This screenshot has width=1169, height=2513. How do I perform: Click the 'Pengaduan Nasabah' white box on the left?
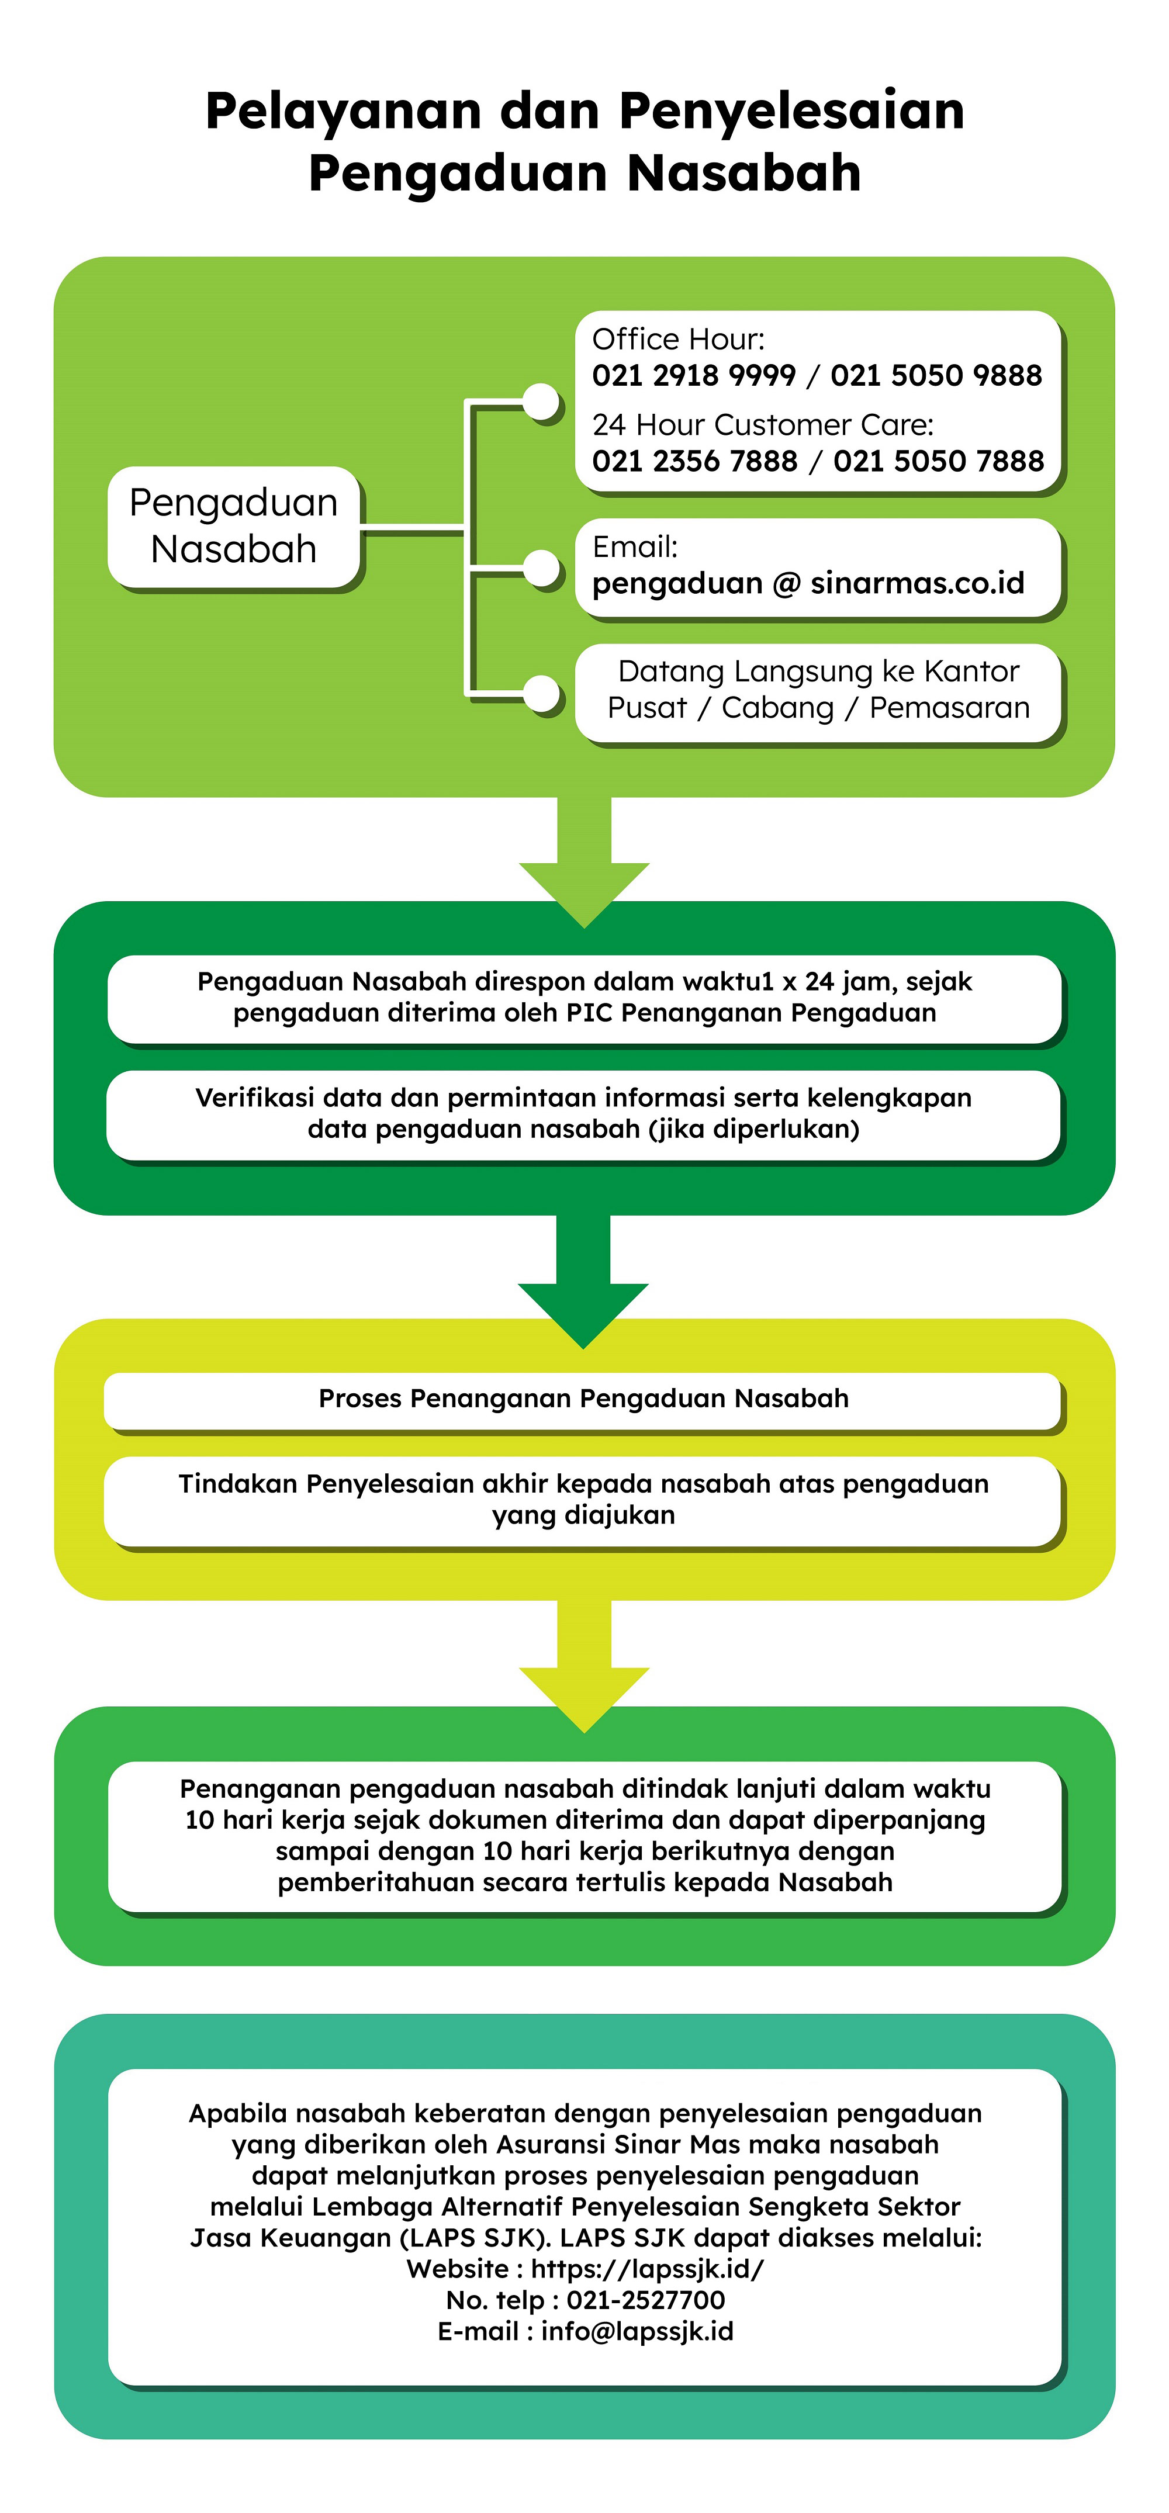click(x=234, y=527)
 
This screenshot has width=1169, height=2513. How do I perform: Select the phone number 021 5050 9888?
click(x=936, y=376)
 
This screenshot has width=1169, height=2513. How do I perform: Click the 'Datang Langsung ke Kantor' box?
click(x=818, y=693)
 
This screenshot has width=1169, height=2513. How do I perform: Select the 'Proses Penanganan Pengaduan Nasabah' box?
click(x=583, y=1400)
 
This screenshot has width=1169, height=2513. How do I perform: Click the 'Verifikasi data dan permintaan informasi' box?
click(x=583, y=1114)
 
